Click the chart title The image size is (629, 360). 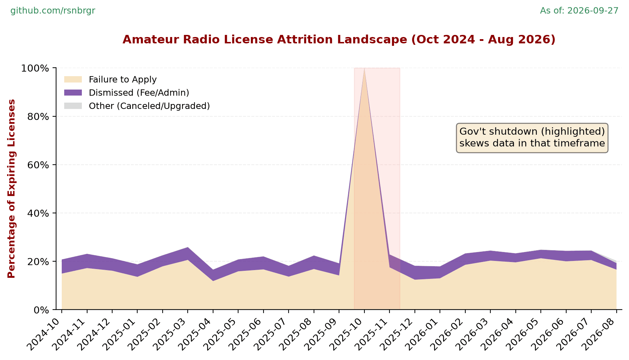pos(339,39)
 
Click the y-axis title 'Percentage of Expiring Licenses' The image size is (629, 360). pos(12,189)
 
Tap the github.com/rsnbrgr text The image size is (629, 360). pos(53,11)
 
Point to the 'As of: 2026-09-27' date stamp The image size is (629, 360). pos(579,11)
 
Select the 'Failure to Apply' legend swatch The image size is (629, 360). pos(73,79)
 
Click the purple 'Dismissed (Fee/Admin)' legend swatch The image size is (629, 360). pos(73,92)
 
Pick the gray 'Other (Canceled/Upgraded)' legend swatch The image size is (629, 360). pos(73,106)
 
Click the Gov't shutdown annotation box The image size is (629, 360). pos(532,138)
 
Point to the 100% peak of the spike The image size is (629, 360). pos(364,68)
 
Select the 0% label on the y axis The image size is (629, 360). pos(42,310)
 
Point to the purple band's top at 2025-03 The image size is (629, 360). pos(188,247)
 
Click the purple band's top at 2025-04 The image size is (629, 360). pos(213,270)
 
